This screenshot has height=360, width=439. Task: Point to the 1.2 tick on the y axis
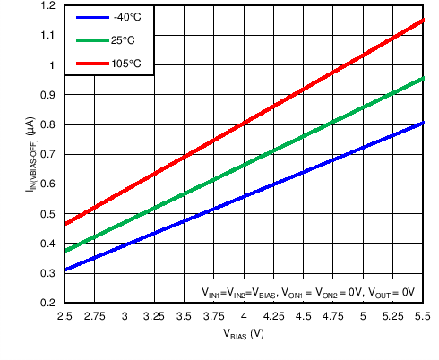pyautogui.click(x=47, y=6)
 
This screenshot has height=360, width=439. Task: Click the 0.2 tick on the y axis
pyautogui.click(x=47, y=303)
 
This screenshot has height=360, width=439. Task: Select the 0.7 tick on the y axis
pyautogui.click(x=47, y=155)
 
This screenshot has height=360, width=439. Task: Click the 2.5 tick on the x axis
pyautogui.click(x=65, y=316)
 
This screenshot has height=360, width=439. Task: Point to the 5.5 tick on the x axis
pyautogui.click(x=422, y=316)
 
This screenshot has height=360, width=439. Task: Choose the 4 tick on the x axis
pyautogui.click(x=244, y=316)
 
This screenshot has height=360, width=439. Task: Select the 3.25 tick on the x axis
pyautogui.click(x=154, y=316)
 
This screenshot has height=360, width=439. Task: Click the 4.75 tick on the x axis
pyautogui.click(x=333, y=316)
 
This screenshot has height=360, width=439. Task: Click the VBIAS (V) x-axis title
pyautogui.click(x=244, y=335)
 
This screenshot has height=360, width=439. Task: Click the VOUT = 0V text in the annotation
pyautogui.click(x=391, y=292)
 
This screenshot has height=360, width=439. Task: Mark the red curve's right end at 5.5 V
pyautogui.click(x=422, y=20)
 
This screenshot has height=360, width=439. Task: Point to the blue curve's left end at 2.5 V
pyautogui.click(x=65, y=270)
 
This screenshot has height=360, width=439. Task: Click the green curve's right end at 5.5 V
pyautogui.click(x=422, y=79)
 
